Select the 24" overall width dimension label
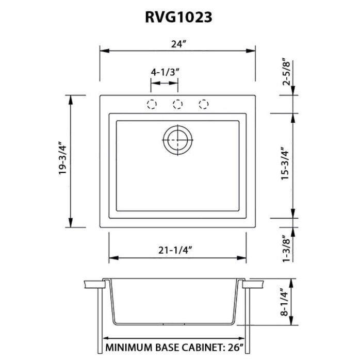pos(177,44)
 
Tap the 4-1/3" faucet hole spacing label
pos(165,72)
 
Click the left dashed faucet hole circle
pos(152,104)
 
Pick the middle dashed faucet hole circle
pos(178,104)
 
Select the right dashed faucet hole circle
pos(204,104)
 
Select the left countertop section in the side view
pos(93,283)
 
